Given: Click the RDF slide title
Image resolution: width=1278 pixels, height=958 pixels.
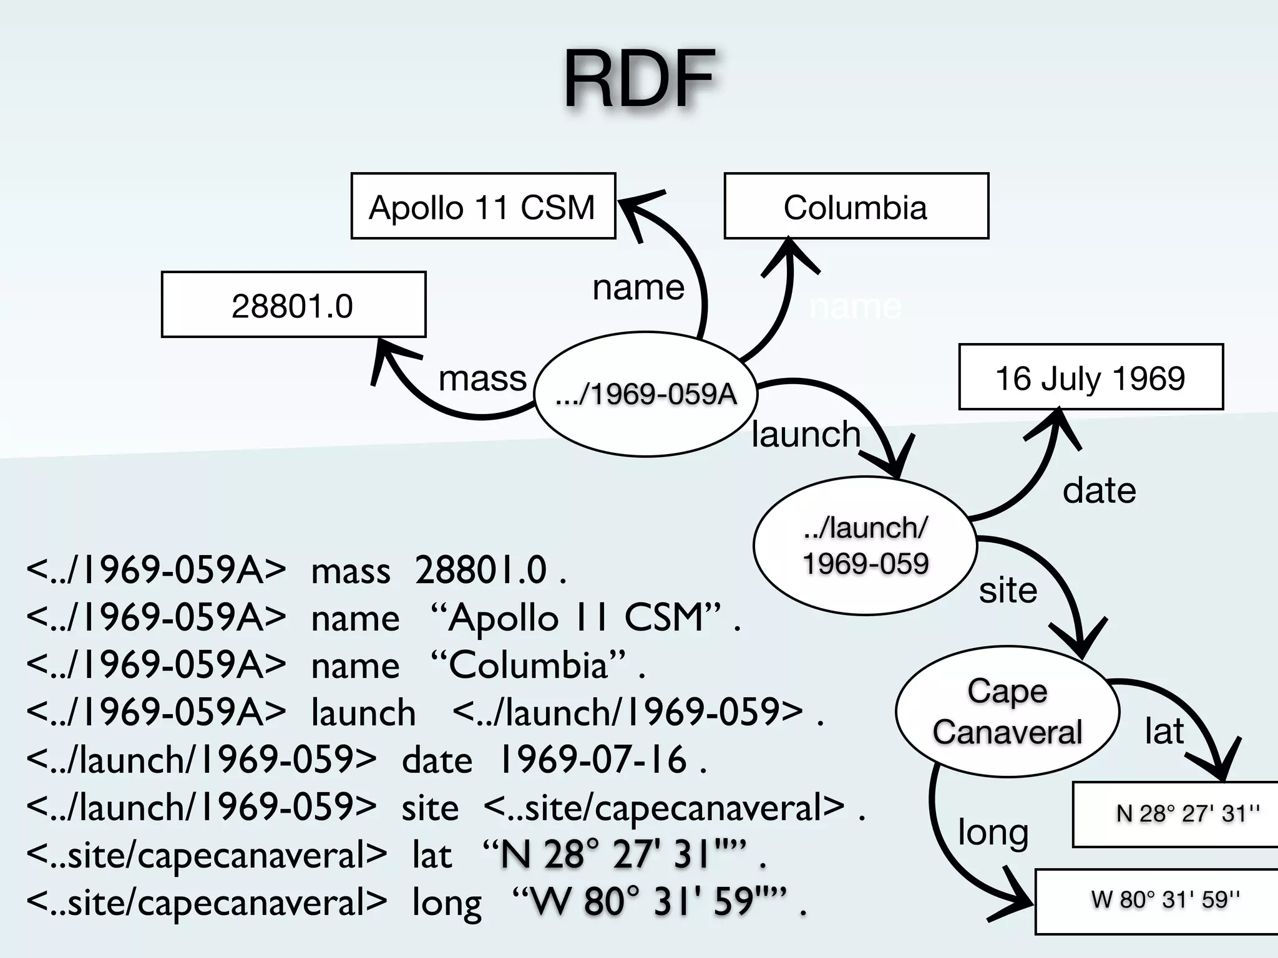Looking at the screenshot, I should (639, 80).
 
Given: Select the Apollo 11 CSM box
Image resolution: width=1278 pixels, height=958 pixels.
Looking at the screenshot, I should (483, 206).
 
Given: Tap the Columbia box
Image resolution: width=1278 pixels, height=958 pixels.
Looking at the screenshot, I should (856, 206).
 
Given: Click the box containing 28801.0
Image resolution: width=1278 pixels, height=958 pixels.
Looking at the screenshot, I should (293, 305).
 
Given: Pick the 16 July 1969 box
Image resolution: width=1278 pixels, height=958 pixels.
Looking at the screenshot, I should (1090, 377).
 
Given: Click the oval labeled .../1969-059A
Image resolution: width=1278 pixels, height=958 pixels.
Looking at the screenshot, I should (646, 394).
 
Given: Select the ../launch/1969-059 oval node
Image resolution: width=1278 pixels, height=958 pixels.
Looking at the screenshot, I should (865, 546).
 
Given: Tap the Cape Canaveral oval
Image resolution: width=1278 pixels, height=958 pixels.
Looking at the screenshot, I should (1007, 711).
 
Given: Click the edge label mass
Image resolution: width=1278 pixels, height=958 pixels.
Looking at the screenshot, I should (482, 378).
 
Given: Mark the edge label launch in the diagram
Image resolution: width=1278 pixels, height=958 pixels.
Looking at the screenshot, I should (806, 434).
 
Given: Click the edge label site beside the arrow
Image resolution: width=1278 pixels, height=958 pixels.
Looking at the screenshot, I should (1008, 590).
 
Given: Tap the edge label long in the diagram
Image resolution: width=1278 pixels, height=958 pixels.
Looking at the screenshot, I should (993, 833).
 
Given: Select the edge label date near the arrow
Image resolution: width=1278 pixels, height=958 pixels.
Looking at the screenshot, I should (1099, 490).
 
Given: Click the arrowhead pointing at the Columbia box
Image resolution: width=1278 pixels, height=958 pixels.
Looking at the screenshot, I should (789, 256).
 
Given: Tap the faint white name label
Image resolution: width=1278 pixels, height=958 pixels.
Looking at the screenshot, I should (855, 307).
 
